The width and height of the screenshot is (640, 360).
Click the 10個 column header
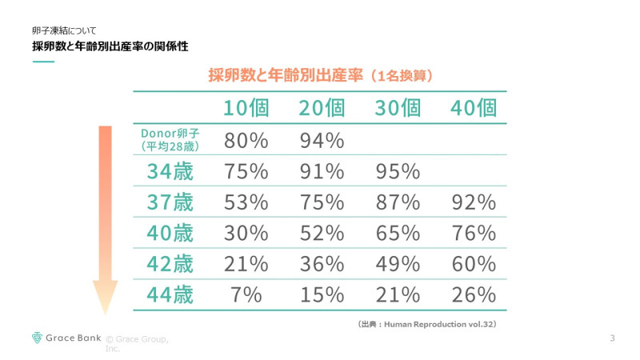coord(245,108)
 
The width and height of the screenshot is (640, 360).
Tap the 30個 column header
coord(397,108)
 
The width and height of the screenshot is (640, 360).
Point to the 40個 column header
coord(473,108)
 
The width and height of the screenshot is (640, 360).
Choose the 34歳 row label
coord(170,171)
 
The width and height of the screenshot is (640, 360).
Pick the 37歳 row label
coord(170,202)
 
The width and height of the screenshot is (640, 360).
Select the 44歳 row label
coord(170,294)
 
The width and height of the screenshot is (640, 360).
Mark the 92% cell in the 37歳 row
coord(473,202)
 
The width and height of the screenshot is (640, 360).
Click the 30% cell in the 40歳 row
coord(245,234)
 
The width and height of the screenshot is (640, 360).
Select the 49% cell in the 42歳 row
coord(397,264)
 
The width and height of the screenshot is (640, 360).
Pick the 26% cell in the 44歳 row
coord(473,294)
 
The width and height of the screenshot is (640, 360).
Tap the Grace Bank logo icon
coord(37,338)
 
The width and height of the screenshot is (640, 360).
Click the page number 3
coord(612,338)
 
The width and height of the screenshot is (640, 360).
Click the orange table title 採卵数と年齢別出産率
coord(287,76)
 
